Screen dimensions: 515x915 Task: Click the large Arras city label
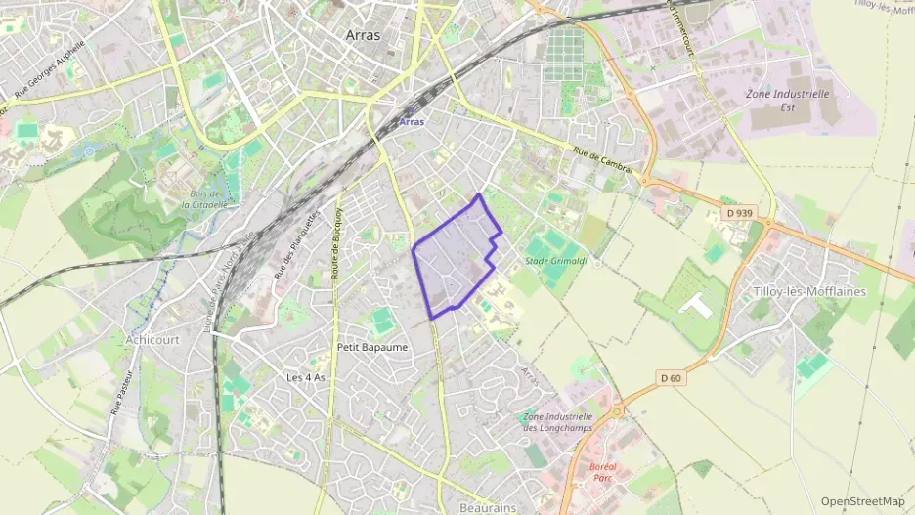[363, 34]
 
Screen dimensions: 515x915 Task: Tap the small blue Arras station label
[412, 122]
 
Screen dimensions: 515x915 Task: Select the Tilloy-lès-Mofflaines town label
[810, 291]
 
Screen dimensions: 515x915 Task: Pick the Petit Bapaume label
[371, 347]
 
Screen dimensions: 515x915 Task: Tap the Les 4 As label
[305, 377]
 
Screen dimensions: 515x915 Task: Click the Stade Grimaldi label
[556, 261]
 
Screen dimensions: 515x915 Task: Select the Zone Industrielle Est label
[787, 101]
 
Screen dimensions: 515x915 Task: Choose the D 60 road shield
[670, 378]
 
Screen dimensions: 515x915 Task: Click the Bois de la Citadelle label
[205, 199]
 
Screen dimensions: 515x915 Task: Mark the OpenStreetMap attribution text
[862, 501]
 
